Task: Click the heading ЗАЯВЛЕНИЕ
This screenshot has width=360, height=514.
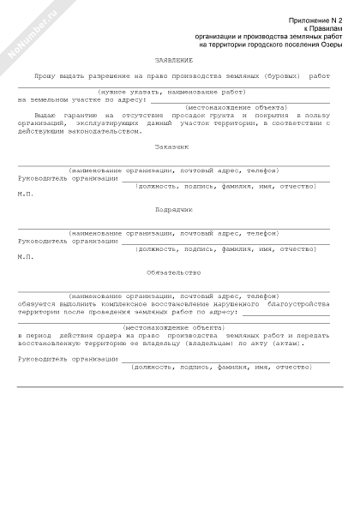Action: click(x=174, y=61)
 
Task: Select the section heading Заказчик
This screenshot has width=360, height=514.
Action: click(x=174, y=146)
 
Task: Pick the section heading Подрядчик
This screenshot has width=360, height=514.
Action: click(x=174, y=209)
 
